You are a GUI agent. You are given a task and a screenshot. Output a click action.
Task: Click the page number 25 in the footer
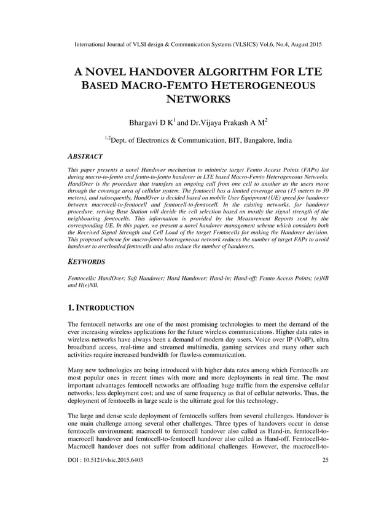[324, 495]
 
